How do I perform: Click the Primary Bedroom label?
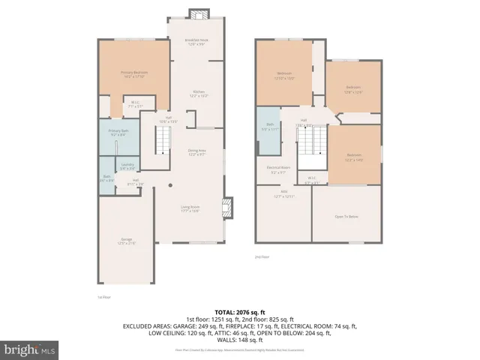134,73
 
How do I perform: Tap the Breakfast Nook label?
198,42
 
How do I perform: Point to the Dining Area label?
197,152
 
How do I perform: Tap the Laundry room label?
127,167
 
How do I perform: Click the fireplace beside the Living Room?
229,206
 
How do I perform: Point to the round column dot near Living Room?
170,185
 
